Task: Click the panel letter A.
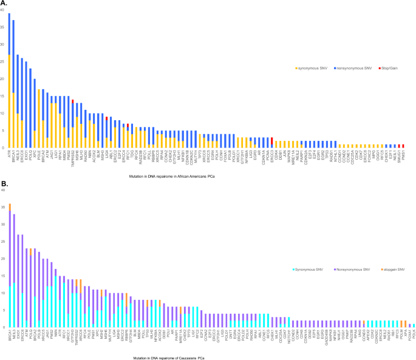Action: click(x=4, y=4)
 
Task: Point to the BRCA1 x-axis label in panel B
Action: click(x=10, y=337)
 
